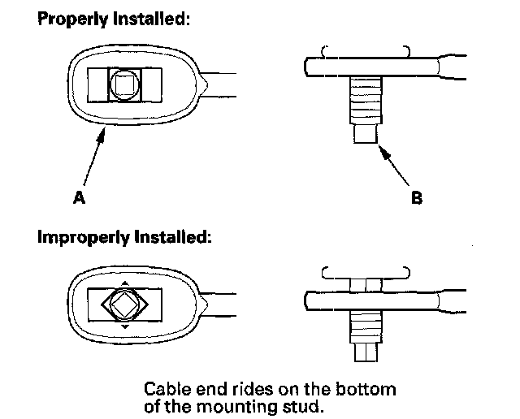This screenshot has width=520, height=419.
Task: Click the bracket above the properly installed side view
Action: pyautogui.click(x=366, y=50)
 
